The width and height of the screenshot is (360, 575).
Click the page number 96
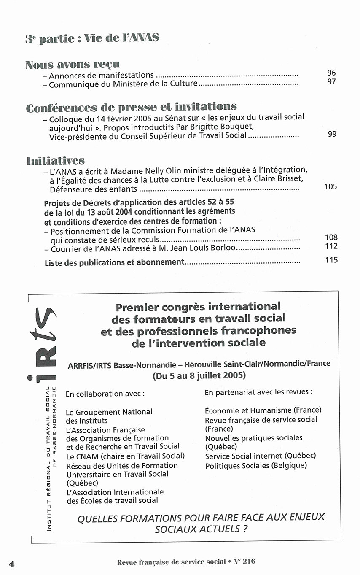[331, 73]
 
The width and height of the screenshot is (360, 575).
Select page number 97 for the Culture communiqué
[331, 81]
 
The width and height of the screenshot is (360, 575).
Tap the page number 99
[332, 134]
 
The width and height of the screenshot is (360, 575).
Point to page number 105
[330, 186]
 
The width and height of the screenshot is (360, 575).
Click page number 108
[331, 238]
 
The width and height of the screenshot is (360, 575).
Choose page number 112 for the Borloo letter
[331, 246]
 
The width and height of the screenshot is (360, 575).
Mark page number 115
[331, 260]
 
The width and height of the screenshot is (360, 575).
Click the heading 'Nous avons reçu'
[72, 65]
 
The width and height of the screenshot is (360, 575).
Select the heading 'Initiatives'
[55, 161]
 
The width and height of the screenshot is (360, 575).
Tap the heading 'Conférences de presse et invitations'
[131, 107]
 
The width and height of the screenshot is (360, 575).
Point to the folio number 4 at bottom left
[11, 564]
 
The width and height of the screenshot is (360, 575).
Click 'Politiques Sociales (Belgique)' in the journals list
[256, 466]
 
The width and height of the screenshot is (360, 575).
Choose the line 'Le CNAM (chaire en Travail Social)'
[125, 456]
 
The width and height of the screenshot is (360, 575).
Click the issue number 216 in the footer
[249, 562]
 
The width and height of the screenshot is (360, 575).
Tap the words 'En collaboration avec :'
[105, 394]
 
